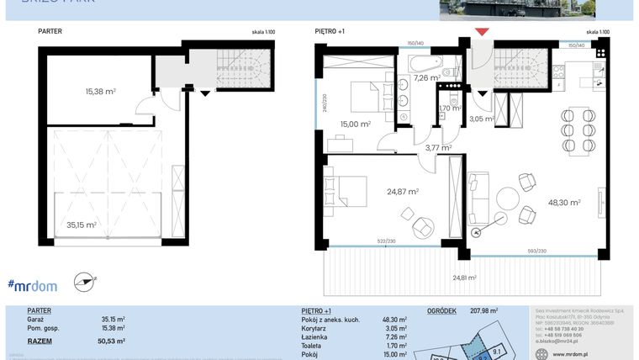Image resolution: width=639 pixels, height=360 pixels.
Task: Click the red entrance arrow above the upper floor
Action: point(481,33)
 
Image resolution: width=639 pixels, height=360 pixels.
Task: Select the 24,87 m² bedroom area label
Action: point(403,192)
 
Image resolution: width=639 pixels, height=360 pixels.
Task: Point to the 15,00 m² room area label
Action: point(354,124)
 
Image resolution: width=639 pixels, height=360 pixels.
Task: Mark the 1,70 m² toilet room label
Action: point(450,109)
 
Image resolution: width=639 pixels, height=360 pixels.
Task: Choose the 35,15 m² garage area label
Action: point(81,225)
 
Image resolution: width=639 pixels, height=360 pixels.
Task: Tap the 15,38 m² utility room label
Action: point(100,91)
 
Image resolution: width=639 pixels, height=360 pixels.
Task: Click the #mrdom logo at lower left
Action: point(33,285)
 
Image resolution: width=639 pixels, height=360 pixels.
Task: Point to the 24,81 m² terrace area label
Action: point(463,278)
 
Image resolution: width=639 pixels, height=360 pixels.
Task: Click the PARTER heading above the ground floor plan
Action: point(50,32)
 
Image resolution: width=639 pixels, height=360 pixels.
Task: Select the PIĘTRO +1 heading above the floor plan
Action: point(330,32)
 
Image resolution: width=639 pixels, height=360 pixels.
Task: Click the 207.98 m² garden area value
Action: point(483,310)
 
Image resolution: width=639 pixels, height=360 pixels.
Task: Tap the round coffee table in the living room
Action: point(509,199)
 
